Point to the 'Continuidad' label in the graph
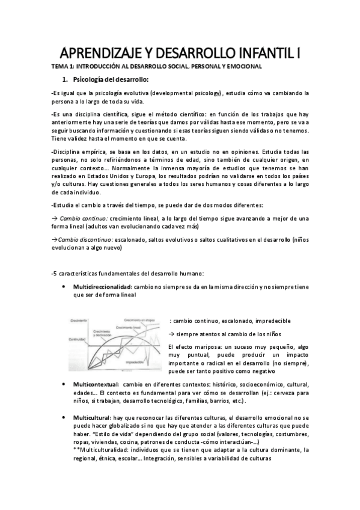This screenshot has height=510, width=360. pos(79,340)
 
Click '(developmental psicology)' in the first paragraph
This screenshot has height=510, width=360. pos(186,93)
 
